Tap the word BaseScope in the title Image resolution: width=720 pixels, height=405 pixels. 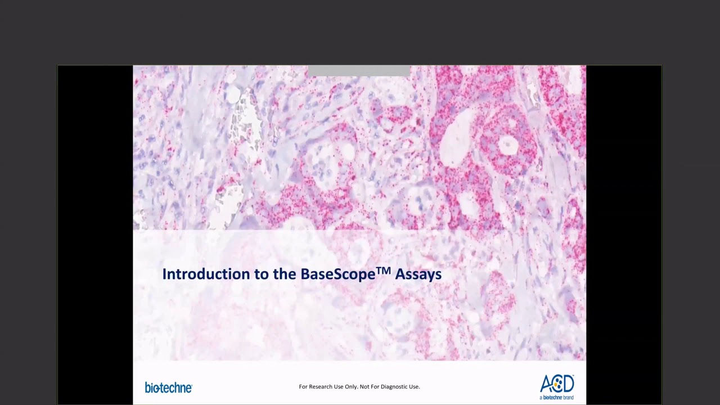pyautogui.click(x=337, y=274)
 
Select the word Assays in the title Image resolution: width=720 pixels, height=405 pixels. pyautogui.click(x=418, y=274)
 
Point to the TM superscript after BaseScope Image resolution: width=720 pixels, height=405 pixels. pyautogui.click(x=383, y=271)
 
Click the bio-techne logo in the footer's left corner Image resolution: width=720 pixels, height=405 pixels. pyautogui.click(x=168, y=388)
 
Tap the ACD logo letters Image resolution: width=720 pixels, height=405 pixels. pyautogui.click(x=556, y=384)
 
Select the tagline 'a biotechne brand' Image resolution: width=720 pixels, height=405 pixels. pyautogui.click(x=556, y=397)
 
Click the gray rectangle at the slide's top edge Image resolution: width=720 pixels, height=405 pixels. pyautogui.click(x=359, y=70)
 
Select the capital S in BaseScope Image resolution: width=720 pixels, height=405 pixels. pyautogui.click(x=333, y=274)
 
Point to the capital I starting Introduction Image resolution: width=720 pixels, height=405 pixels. pyautogui.click(x=164, y=274)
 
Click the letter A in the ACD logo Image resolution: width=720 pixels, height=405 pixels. pyautogui.click(x=546, y=385)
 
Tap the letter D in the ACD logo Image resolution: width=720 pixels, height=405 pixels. pyautogui.click(x=568, y=384)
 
